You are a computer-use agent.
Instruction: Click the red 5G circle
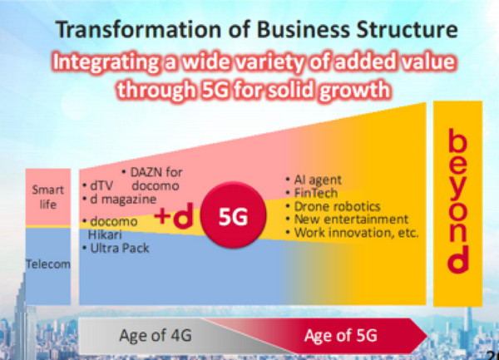click(233, 215)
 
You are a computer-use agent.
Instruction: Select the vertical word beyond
click(458, 201)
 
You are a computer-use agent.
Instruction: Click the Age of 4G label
click(156, 335)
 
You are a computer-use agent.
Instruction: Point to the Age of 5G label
click(340, 335)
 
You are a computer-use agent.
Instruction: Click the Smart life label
click(48, 197)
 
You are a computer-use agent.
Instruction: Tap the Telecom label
click(48, 264)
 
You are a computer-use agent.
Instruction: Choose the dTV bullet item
click(98, 185)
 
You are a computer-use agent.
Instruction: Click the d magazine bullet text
click(120, 200)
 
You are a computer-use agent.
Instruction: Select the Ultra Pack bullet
click(116, 248)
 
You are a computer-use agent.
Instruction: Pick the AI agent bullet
click(314, 180)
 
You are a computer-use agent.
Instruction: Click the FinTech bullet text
click(312, 193)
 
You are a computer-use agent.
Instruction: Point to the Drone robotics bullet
click(333, 206)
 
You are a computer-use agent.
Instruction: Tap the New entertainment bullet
click(347, 219)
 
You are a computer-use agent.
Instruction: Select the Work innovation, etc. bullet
click(353, 233)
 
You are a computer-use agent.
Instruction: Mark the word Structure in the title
click(407, 29)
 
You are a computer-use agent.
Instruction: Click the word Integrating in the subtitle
click(106, 62)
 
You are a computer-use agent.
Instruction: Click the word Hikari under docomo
click(105, 234)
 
